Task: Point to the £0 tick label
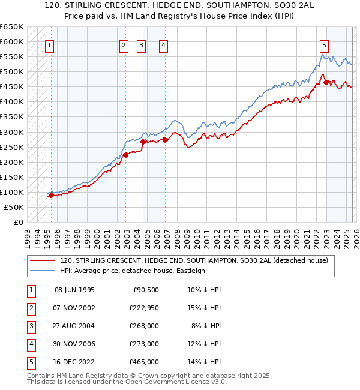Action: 19,222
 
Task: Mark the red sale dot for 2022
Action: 326,82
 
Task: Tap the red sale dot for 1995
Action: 52,195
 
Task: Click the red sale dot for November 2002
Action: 125,155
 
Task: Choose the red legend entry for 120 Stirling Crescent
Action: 193,260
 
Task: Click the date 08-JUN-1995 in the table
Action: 74,290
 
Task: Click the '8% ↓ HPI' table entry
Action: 205,326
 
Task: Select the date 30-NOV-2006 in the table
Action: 74,344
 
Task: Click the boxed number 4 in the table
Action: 29,344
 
